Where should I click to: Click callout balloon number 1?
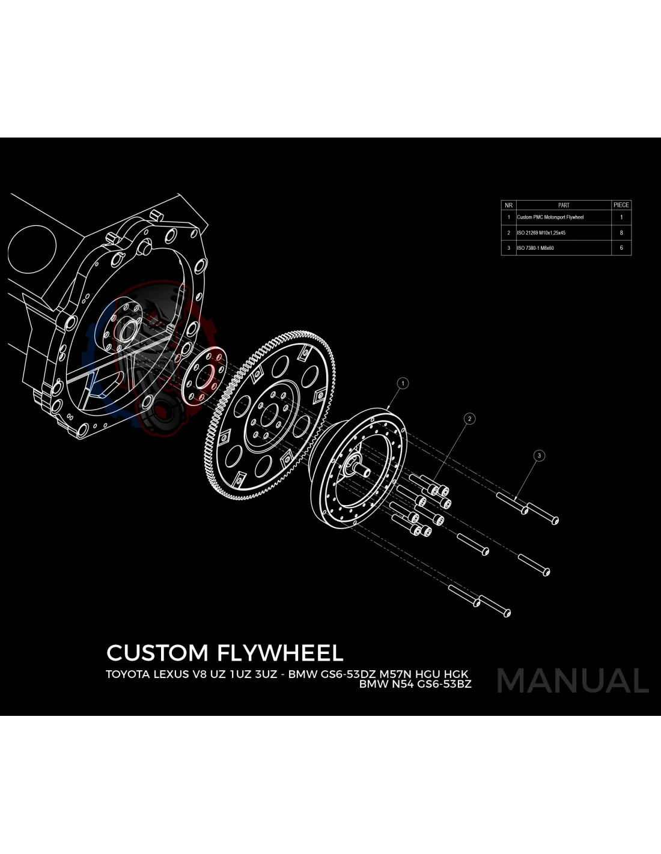[403, 383]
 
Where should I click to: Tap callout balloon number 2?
[470, 419]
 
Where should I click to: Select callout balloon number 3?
[539, 456]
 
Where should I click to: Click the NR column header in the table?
[508, 205]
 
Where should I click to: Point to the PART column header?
[564, 205]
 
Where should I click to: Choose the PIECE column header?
[621, 205]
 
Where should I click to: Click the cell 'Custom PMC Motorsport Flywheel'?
[550, 217]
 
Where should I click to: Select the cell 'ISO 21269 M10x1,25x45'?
[541, 233]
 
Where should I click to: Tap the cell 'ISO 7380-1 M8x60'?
[535, 248]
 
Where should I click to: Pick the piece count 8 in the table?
[621, 233]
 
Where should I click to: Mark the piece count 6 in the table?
[621, 248]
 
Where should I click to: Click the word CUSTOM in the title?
[157, 653]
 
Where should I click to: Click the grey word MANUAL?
[573, 680]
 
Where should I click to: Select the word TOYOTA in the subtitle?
[127, 674]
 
